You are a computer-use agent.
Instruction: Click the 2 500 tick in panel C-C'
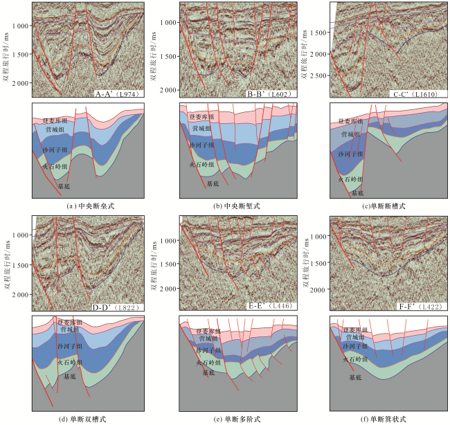(318, 76)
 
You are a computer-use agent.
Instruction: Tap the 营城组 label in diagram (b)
(202, 129)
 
